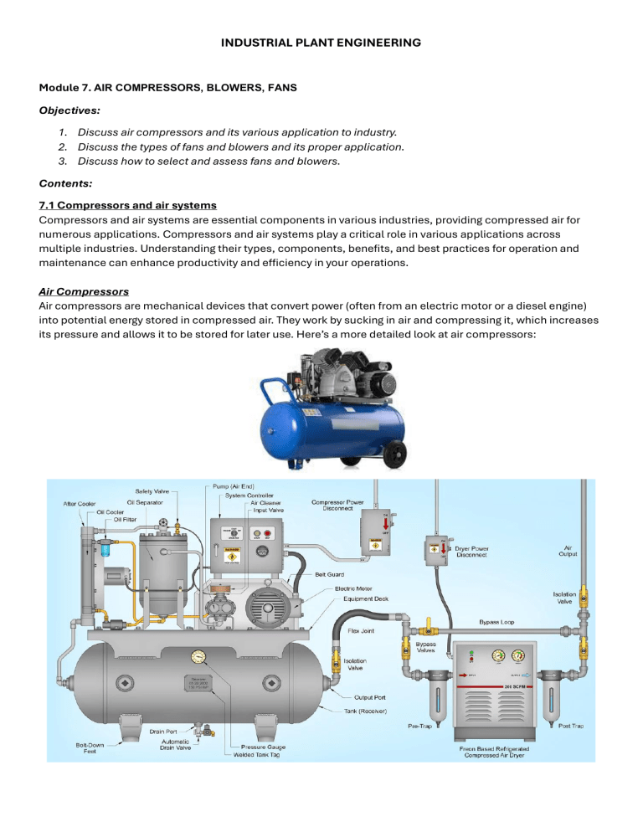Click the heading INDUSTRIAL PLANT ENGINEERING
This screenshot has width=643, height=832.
point(321,40)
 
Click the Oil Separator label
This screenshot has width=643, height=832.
point(157,502)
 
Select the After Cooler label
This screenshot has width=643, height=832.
point(83,504)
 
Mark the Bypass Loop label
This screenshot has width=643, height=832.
point(499,622)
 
